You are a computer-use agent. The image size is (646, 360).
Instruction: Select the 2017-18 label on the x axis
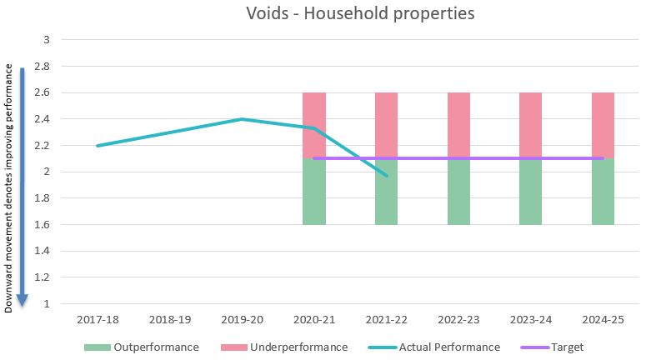point(98,319)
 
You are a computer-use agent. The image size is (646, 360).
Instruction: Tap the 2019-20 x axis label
point(242,319)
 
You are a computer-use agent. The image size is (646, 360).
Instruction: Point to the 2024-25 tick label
point(603,319)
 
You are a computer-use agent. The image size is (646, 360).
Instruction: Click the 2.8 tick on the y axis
point(42,66)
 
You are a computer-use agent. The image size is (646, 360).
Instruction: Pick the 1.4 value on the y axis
point(42,251)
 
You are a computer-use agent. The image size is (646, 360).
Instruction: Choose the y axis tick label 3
point(46,39)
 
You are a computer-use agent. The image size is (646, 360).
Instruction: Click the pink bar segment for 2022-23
point(458,125)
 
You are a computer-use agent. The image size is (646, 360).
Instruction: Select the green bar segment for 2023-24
point(530,192)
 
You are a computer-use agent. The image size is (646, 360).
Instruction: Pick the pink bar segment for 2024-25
point(603,125)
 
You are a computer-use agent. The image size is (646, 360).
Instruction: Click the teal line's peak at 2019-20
point(242,119)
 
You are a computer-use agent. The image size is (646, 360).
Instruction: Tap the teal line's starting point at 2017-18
point(98,146)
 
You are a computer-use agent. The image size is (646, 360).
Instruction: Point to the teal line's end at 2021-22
point(387,176)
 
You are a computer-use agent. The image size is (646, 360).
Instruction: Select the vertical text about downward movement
point(9,187)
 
